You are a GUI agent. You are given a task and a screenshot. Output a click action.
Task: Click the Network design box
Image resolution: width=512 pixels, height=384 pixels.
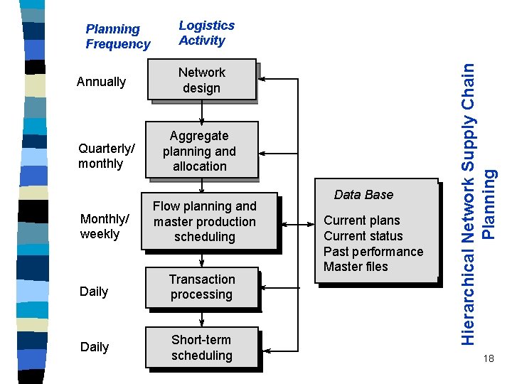tap(202, 80)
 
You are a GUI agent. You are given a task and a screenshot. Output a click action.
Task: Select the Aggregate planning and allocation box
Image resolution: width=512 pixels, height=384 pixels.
tap(200, 151)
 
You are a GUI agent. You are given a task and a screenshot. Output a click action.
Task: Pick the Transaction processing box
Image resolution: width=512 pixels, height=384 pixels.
tap(202, 287)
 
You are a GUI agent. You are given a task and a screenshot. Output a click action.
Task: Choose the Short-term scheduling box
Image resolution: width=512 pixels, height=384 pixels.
tap(202, 348)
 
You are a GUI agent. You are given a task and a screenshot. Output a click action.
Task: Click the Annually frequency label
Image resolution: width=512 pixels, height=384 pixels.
tap(101, 82)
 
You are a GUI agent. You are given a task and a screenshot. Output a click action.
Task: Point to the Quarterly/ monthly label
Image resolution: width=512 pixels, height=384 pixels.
tap(106, 156)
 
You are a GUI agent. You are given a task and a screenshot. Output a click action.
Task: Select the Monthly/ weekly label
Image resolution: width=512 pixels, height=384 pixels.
tap(105, 226)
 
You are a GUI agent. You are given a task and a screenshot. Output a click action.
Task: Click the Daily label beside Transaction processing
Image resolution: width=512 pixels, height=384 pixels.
tap(94, 292)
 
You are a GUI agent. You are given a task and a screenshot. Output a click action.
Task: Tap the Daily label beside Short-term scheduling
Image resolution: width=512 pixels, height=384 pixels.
tap(94, 347)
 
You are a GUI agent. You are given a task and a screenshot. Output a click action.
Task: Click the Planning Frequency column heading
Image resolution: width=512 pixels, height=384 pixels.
tap(117, 36)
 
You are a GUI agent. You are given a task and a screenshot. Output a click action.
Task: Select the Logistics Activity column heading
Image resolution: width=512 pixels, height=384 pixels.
tap(206, 33)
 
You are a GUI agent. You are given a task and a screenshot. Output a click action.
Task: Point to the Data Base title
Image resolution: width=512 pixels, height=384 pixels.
tap(363, 195)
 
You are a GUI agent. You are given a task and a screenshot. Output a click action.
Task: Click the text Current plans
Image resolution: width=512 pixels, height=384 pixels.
tap(361, 220)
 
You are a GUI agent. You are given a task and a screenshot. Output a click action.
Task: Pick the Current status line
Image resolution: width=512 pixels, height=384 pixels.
tap(363, 236)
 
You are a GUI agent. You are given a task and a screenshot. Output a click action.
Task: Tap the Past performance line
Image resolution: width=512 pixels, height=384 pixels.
tap(373, 252)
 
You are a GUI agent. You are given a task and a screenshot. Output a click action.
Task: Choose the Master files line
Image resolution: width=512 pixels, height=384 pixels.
tap(356, 267)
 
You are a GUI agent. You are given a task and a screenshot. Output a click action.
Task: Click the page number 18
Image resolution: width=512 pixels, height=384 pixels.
tap(487, 358)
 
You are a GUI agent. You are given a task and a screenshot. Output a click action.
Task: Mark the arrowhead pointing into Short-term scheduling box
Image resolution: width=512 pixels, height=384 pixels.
tap(265, 350)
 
